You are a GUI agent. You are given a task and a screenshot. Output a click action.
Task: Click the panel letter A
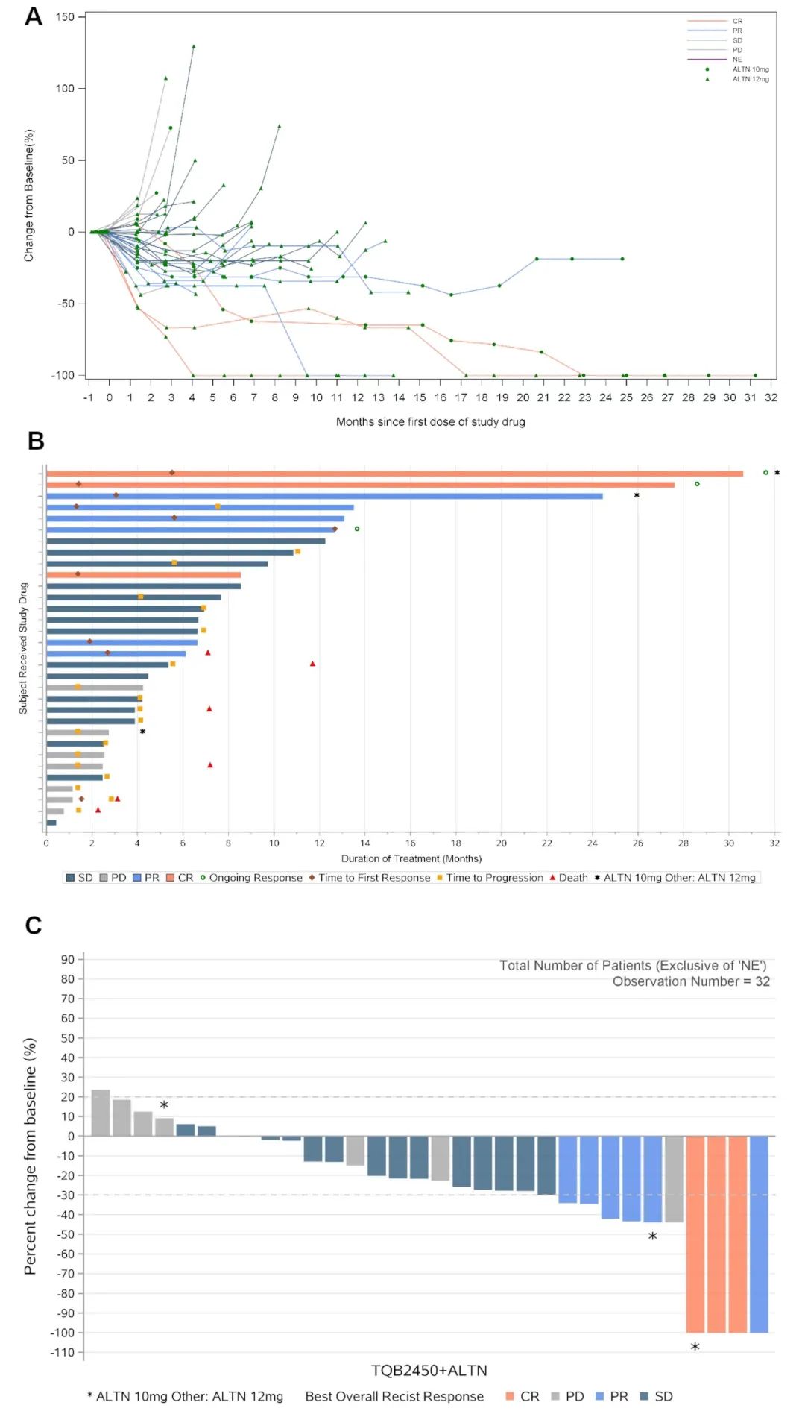34,16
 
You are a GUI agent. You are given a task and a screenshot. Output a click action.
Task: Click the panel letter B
36,441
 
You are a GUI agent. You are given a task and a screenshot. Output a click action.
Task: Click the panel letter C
34,926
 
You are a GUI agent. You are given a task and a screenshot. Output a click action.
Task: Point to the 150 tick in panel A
65,17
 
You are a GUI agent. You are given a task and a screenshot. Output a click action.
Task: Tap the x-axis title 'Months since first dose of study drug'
430,422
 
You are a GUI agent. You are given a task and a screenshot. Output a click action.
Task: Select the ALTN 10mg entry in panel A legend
750,69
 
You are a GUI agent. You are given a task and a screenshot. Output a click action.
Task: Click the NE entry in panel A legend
737,60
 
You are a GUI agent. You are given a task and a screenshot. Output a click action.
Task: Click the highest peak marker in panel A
194,46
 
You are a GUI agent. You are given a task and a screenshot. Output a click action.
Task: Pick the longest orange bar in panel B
394,474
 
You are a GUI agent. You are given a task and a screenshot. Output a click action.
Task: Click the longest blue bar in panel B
324,496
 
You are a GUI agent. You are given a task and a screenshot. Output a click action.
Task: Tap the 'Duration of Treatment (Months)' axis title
411,858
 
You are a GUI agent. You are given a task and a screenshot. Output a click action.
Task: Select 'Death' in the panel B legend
572,878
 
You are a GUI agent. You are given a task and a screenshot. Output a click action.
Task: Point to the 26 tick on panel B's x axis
638,843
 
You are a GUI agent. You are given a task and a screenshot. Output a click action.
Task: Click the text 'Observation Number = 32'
691,981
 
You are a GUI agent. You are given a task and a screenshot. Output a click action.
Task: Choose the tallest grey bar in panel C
101,1113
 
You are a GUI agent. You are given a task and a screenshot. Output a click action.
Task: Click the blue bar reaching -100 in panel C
759,1234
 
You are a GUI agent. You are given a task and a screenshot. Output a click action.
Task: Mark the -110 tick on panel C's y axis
68,1352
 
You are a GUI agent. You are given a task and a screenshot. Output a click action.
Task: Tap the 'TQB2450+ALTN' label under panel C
429,1371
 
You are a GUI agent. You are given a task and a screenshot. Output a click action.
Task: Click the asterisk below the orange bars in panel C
695,1347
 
